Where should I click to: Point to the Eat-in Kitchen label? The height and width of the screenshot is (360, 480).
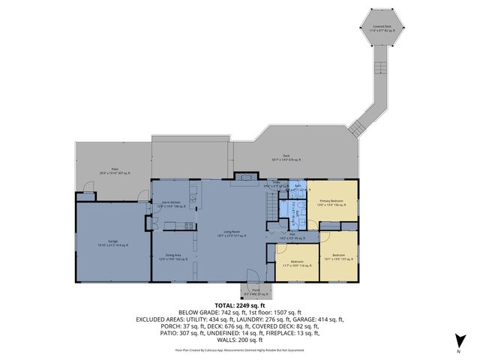[175, 205]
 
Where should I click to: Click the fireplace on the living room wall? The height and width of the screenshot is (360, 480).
[244, 177]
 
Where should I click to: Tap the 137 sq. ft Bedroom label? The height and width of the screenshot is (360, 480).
[339, 256]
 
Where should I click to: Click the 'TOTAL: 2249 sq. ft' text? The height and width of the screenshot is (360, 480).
[240, 306]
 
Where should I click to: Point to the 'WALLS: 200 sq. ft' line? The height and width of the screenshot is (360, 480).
[240, 340]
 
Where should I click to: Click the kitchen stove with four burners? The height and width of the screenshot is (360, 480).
[193, 199]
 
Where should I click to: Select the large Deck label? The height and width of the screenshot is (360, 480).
[286, 158]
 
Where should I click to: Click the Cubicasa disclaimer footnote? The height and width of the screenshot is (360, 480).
[240, 350]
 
